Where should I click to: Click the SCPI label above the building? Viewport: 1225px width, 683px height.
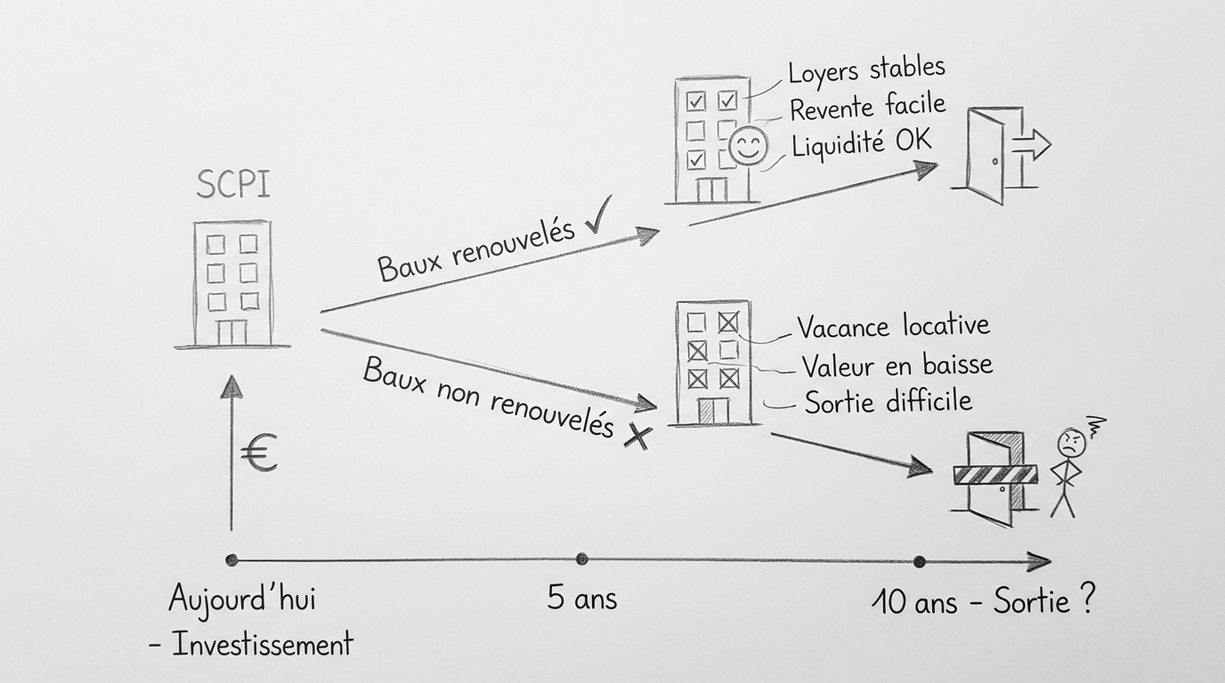coord(232,185)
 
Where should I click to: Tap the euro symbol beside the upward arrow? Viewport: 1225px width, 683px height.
coord(259,454)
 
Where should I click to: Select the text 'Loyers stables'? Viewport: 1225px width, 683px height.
coord(865,69)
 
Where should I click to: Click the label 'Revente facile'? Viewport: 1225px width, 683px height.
coord(866,108)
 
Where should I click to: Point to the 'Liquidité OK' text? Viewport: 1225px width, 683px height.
coord(862,143)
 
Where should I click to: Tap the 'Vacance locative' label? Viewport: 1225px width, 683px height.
coord(892,326)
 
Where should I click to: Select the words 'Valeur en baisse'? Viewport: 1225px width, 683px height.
coord(896,365)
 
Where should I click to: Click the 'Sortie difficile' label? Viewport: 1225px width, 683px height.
coord(888,401)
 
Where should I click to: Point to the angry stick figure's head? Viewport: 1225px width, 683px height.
coord(1068,442)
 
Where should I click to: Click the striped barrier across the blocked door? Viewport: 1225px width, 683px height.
coord(995,475)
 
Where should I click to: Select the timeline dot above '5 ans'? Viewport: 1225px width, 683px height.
coord(581,559)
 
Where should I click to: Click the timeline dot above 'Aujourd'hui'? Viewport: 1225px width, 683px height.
coord(231,560)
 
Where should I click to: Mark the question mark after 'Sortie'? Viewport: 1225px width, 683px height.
coord(1084,601)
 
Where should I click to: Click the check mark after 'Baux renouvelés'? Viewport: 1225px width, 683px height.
coord(598,221)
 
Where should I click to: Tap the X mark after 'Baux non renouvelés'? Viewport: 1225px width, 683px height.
coord(636,436)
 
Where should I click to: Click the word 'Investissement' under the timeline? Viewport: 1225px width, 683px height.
coord(263,644)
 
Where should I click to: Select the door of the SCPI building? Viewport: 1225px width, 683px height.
coord(231,332)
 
